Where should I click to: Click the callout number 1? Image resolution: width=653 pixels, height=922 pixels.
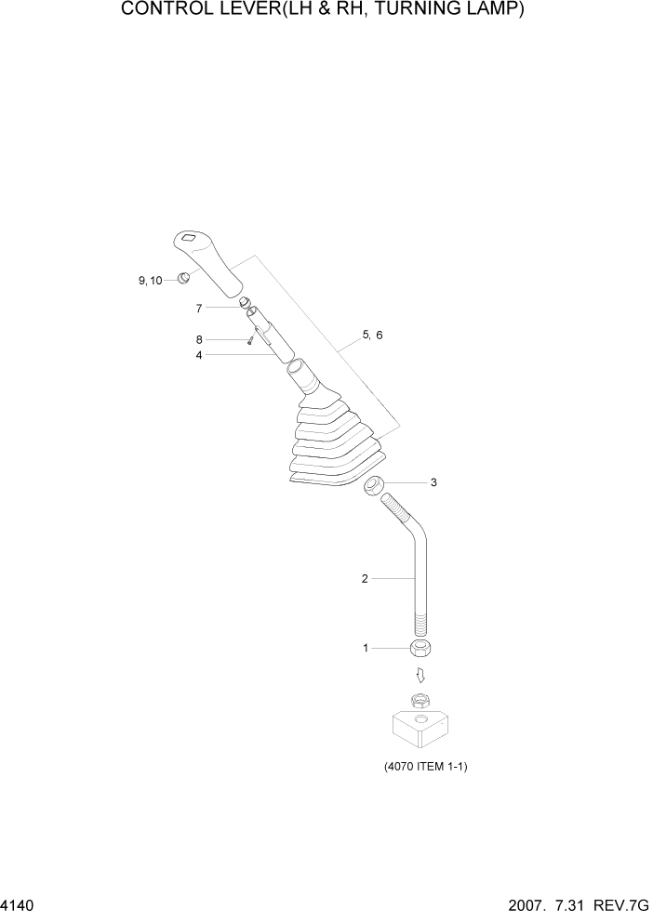(366, 647)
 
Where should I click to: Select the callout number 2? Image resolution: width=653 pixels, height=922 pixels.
(365, 578)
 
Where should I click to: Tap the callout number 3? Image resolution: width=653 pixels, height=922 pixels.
(433, 482)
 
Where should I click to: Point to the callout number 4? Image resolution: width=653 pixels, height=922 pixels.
(199, 354)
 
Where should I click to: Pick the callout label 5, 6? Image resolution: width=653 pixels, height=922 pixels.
(372, 335)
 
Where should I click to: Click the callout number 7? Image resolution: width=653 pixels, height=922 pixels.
(199, 307)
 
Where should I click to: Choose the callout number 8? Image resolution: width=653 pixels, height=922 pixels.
(199, 339)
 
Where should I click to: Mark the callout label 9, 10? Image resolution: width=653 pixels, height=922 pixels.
(150, 280)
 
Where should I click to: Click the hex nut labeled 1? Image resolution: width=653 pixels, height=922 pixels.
(422, 647)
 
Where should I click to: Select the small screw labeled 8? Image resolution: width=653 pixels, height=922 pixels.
(251, 341)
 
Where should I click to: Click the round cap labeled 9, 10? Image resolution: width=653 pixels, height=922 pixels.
(184, 278)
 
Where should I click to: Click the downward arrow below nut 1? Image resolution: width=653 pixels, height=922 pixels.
(420, 674)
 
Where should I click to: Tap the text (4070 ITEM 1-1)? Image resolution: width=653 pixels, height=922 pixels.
(425, 768)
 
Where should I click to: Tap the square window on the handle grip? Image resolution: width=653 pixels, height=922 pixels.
(190, 238)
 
